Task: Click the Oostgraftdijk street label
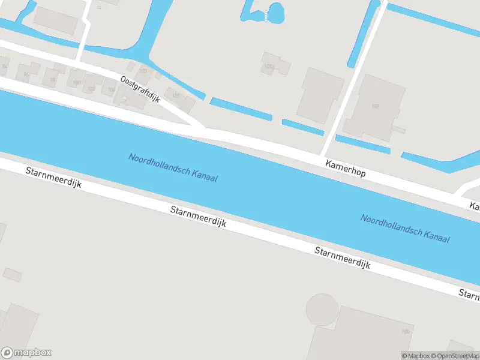pyautogui.click(x=140, y=88)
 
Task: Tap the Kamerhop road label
pyautogui.click(x=345, y=167)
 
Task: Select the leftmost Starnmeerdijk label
pyautogui.click(x=53, y=179)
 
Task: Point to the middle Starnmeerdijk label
pyautogui.click(x=198, y=217)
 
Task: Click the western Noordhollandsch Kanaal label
pyautogui.click(x=173, y=167)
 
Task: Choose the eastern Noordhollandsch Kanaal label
pyautogui.click(x=405, y=228)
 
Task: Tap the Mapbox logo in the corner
pyautogui.click(x=26, y=353)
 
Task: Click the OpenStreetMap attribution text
pyautogui.click(x=454, y=356)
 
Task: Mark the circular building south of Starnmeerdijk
pyautogui.click(x=322, y=309)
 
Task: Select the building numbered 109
pyautogui.click(x=376, y=107)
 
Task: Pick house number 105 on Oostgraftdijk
pyautogui.click(x=176, y=95)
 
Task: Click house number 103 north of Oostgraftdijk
pyautogui.click(x=143, y=71)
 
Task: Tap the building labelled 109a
pyautogui.click(x=267, y=66)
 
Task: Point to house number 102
pyautogui.click(x=91, y=89)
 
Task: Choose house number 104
pyautogui.click(x=110, y=90)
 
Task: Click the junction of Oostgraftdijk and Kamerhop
pyautogui.click(x=202, y=127)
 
